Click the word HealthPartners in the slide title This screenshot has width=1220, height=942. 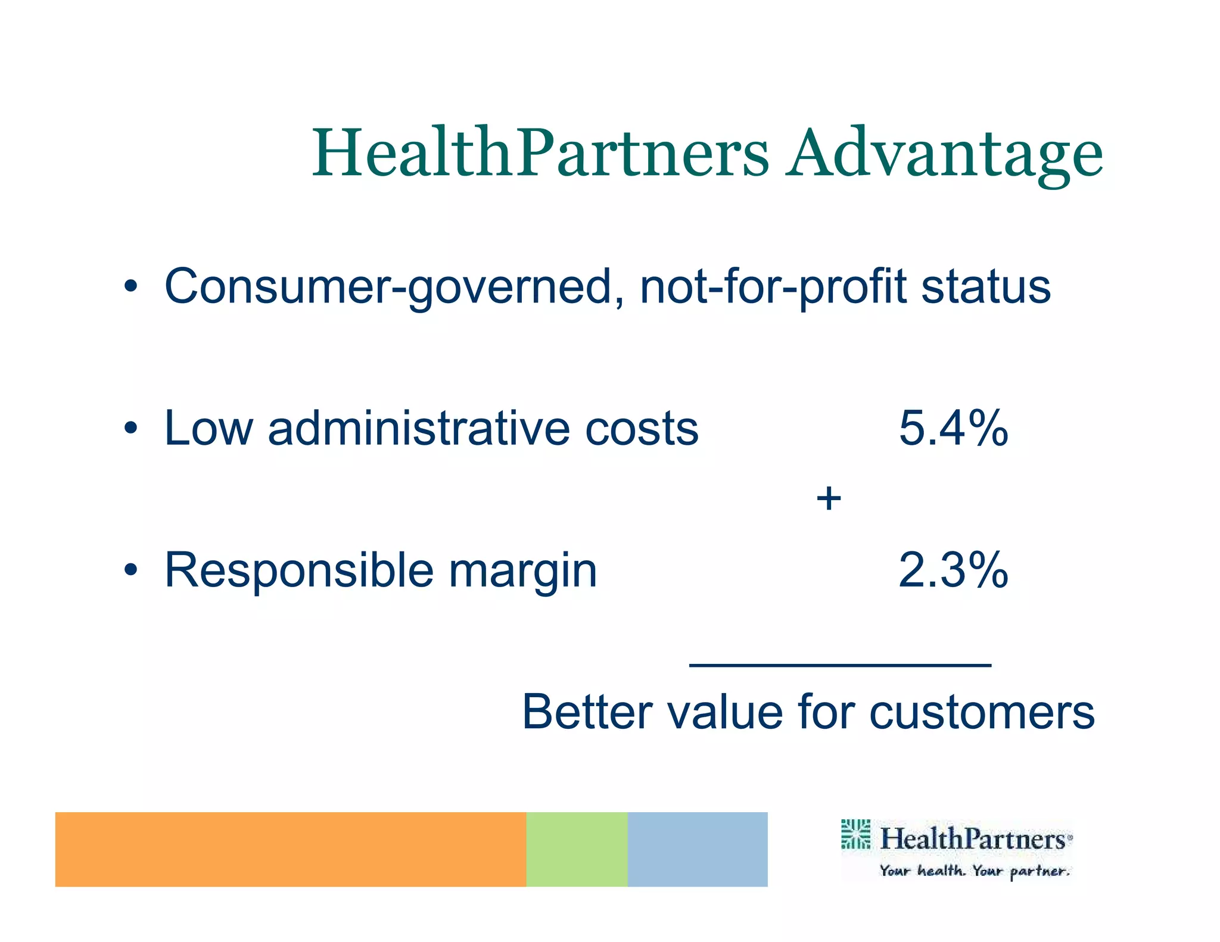540,154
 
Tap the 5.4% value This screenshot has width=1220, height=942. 953,428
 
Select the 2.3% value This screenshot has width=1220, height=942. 953,570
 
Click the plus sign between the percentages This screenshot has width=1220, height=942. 829,498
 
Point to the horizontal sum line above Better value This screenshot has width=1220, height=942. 840,665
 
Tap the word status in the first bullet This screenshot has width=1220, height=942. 986,287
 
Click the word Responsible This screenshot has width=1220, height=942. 298,570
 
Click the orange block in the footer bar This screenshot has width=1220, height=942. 290,849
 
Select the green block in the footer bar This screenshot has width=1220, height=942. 576,849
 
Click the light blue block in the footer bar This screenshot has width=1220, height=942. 697,849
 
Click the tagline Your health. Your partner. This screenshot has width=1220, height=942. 975,871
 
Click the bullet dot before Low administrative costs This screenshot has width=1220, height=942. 131,428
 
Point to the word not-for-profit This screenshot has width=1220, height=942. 773,287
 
